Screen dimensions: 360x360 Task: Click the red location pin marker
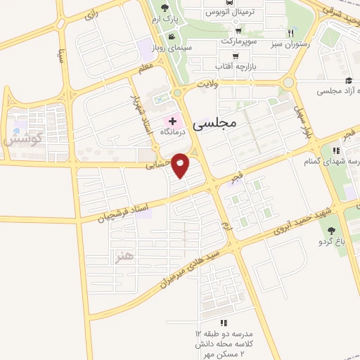(x=181, y=165)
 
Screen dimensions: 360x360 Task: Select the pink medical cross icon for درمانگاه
(x=173, y=120)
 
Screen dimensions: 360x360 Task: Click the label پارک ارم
(x=165, y=20)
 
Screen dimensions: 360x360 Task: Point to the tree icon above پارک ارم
(x=165, y=8)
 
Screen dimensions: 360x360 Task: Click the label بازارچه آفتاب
(x=234, y=65)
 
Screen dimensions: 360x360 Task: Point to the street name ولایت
(x=209, y=84)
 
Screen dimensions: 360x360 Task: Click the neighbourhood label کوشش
(x=23, y=138)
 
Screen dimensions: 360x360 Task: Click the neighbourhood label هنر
(x=125, y=255)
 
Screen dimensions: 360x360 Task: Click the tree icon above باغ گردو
(x=331, y=230)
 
